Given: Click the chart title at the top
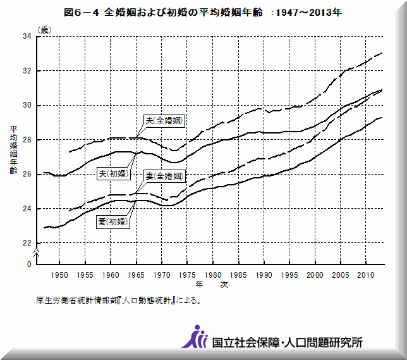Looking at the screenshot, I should click(203, 12).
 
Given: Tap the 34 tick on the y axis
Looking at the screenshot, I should click(28, 37).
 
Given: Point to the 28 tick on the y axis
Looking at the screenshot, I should click(28, 140).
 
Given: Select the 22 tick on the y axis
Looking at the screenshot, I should click(28, 243).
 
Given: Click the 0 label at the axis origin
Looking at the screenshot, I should click(29, 264).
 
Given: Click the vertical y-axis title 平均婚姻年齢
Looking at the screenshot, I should click(13, 151).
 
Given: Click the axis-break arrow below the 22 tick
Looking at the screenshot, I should click(37, 252).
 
